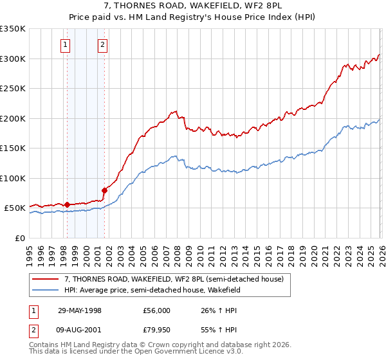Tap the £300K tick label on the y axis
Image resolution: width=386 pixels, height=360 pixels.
tap(13, 59)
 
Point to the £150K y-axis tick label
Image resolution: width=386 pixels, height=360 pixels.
tap(13, 148)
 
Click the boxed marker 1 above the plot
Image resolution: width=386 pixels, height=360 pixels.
tap(66, 45)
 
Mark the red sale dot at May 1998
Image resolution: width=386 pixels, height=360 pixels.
tap(67, 204)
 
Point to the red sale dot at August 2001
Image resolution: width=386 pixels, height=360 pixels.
tap(104, 190)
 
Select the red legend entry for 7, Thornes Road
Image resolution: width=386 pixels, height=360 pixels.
tap(178, 279)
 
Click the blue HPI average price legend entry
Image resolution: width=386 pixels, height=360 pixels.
tap(152, 290)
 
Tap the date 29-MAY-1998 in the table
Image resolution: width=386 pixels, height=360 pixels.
tap(80, 310)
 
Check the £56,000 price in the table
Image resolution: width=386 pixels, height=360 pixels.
tap(157, 310)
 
